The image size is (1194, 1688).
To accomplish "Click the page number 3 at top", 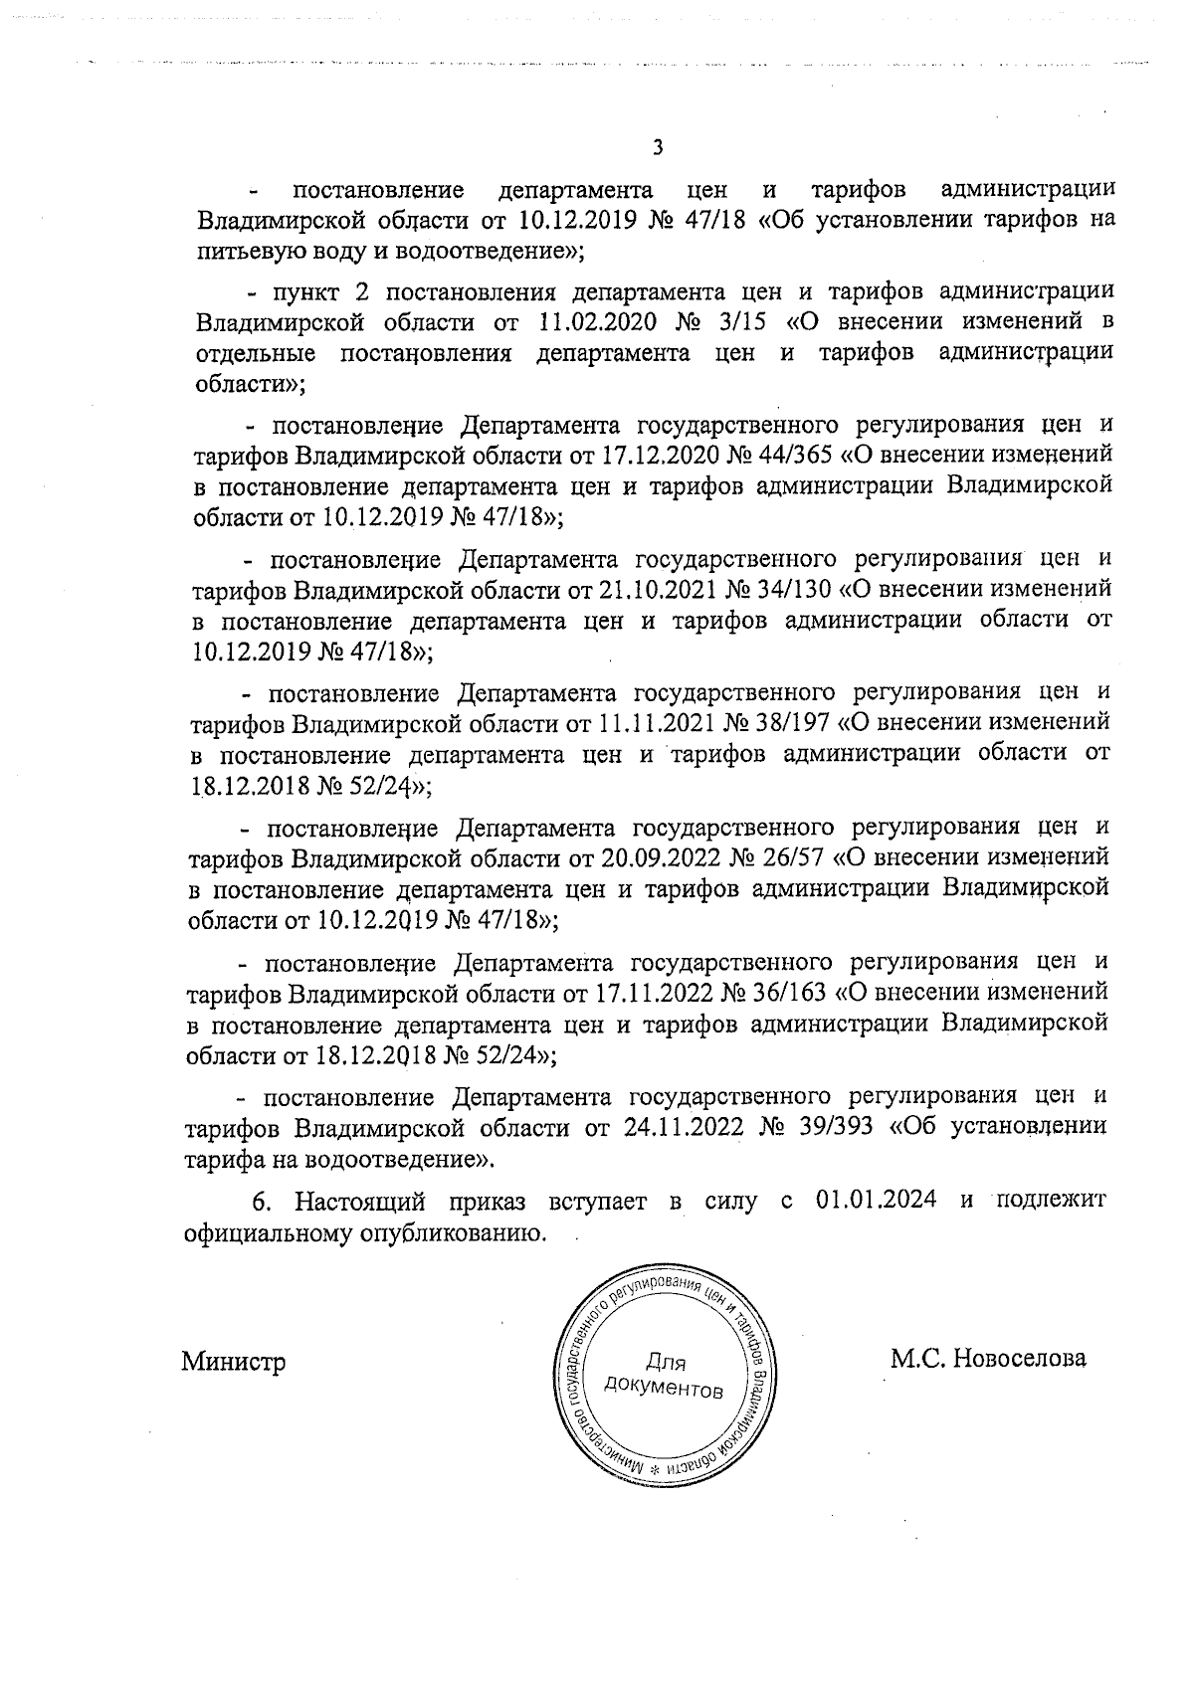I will (657, 148).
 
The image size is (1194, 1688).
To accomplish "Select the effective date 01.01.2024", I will (876, 1201).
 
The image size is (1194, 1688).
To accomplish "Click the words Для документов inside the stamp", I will (665, 1375).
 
